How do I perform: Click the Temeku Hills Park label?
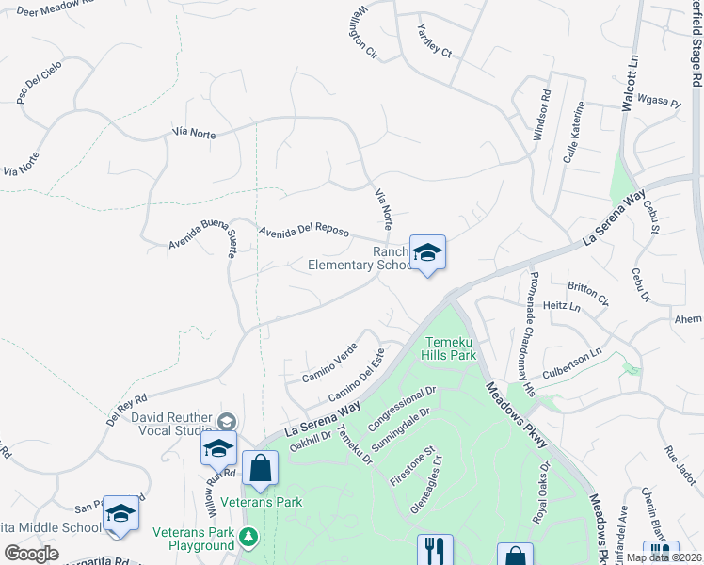tap(451, 348)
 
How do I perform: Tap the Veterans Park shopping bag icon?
tap(260, 468)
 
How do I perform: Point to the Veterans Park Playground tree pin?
tap(248, 538)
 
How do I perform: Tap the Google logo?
tap(32, 554)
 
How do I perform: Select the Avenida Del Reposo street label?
tap(304, 232)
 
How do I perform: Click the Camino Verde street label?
tap(328, 363)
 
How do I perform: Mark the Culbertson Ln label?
tap(570, 360)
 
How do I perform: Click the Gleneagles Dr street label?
tap(426, 487)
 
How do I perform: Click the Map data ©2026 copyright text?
tap(663, 557)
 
